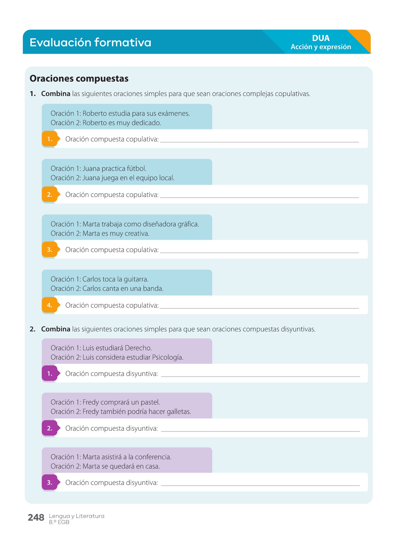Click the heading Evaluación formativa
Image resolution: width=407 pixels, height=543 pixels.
pos(90,42)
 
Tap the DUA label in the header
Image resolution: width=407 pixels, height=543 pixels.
pos(321,38)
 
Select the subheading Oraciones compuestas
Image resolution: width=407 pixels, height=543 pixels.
pos(79,78)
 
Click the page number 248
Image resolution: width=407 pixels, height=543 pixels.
pos(36,518)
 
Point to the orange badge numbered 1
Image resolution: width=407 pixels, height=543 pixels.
pos(50,139)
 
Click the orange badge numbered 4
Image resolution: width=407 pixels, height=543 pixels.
pos(50,305)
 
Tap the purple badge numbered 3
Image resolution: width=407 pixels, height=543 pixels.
pos(50,483)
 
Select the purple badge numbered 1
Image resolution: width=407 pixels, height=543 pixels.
pos(50,374)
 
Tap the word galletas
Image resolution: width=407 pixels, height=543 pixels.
pos(179,412)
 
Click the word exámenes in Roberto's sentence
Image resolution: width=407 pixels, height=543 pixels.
pos(174,113)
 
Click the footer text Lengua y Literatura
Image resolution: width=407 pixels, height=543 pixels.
pos(77,516)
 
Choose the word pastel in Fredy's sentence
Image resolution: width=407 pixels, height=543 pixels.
pos(150,402)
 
